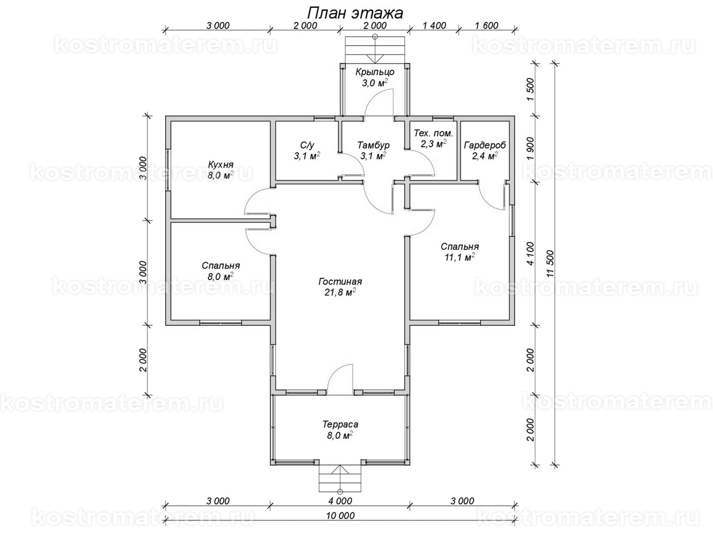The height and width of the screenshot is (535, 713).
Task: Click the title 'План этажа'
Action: (x=355, y=14)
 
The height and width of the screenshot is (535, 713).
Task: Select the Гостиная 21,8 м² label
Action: (x=340, y=287)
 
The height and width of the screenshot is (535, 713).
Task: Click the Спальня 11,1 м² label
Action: (x=460, y=252)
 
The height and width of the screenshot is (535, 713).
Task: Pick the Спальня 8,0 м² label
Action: (x=220, y=271)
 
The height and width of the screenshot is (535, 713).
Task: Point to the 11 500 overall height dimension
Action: (x=550, y=263)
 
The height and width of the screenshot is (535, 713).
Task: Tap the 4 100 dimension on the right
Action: (x=530, y=253)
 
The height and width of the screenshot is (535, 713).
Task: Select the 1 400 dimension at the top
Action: (x=434, y=26)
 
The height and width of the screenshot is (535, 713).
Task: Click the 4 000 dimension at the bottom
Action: (x=340, y=501)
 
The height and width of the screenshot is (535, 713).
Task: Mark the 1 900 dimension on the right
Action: (x=530, y=149)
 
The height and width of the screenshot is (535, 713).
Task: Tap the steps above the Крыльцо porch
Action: (x=375, y=50)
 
